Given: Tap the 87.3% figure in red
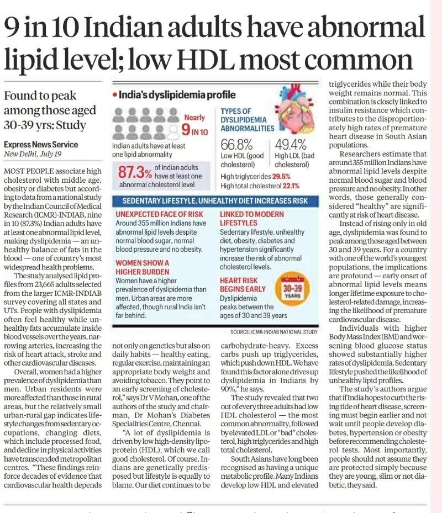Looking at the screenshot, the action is coord(135,172).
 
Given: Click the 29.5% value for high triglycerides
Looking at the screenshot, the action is coord(281,176).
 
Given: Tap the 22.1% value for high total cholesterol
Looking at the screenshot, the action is coord(291,186).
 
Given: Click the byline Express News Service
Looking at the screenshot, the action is coord(41,145).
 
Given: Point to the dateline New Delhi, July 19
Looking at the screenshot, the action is coord(33,154).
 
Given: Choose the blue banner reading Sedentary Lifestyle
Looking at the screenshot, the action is coord(215,201).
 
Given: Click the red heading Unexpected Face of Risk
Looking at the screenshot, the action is coord(159,214).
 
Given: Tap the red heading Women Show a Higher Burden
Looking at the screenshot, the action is coord(143,267).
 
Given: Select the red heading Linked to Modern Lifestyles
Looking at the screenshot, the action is coord(252,219).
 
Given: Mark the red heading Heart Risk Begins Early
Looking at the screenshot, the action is coord(243,284).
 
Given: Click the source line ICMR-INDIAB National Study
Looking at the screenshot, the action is coord(273,332).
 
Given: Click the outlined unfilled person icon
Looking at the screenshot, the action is coord(172,131).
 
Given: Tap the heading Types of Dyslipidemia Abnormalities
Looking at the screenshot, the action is coord(247,120).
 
